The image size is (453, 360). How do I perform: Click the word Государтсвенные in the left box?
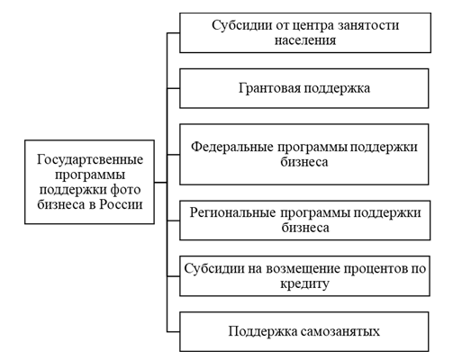pyautogui.click(x=90, y=159)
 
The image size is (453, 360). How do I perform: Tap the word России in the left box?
pyautogui.click(x=121, y=204)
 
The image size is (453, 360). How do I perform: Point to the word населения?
pyautogui.click(x=305, y=40)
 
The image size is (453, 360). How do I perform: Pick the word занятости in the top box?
pyautogui.click(x=368, y=25)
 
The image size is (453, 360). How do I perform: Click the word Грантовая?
pyautogui.click(x=269, y=88)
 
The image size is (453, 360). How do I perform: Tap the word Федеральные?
pyautogui.click(x=232, y=148)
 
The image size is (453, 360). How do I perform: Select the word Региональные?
pyautogui.click(x=232, y=213)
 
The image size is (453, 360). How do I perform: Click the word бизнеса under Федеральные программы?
pyautogui.click(x=304, y=162)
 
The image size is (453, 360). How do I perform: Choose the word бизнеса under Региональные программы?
pyautogui.click(x=305, y=228)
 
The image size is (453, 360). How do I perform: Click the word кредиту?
pyautogui.click(x=304, y=283)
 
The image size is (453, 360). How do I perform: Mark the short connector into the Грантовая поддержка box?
pyautogui.click(x=173, y=88)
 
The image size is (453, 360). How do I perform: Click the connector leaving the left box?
pyautogui.click(x=160, y=182)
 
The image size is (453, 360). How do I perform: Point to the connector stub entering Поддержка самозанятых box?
pyautogui.click(x=173, y=332)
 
